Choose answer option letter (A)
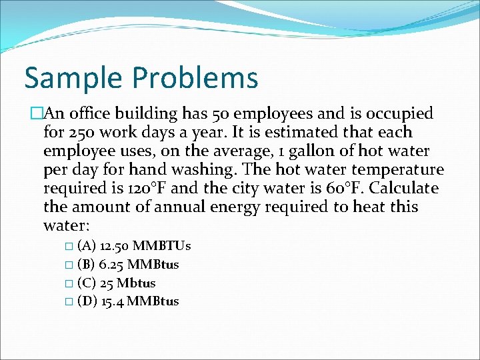87,246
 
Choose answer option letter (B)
87,265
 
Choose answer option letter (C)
87,283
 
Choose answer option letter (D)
87,301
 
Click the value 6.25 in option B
111,265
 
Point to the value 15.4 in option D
112,301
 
